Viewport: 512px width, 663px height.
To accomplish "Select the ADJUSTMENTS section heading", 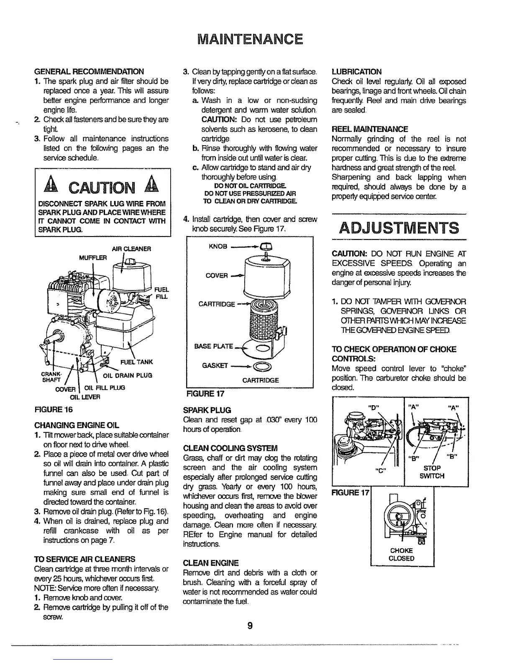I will click(399, 228).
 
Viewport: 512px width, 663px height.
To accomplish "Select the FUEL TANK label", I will click(136, 362).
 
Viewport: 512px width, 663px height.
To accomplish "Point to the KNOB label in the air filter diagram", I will click(217, 247).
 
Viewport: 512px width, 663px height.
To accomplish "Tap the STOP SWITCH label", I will click(433, 472).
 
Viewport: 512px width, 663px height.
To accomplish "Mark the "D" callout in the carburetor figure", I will click(372, 407).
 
